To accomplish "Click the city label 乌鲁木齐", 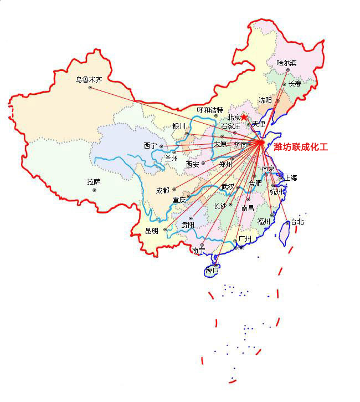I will [x=89, y=80].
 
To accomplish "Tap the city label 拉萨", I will [x=94, y=181].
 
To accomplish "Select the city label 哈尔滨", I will [x=286, y=63].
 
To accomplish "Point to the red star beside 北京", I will [x=244, y=117].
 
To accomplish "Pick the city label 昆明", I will [x=151, y=230].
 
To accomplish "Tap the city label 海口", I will [x=212, y=271].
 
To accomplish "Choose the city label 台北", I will [x=297, y=221].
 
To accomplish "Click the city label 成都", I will [x=162, y=190].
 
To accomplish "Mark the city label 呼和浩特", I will [x=210, y=110].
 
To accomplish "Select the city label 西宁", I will [x=150, y=146].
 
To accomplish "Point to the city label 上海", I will [x=290, y=178].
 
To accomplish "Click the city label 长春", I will [x=295, y=84].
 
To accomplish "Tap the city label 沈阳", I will [x=265, y=100].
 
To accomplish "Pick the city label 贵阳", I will [x=188, y=225].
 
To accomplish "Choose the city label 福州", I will [x=264, y=221].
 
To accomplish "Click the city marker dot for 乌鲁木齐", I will [x=90, y=88].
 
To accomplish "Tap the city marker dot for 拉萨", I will [x=95, y=190].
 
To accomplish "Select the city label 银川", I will [x=179, y=126].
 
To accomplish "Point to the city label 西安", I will [x=192, y=164].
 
